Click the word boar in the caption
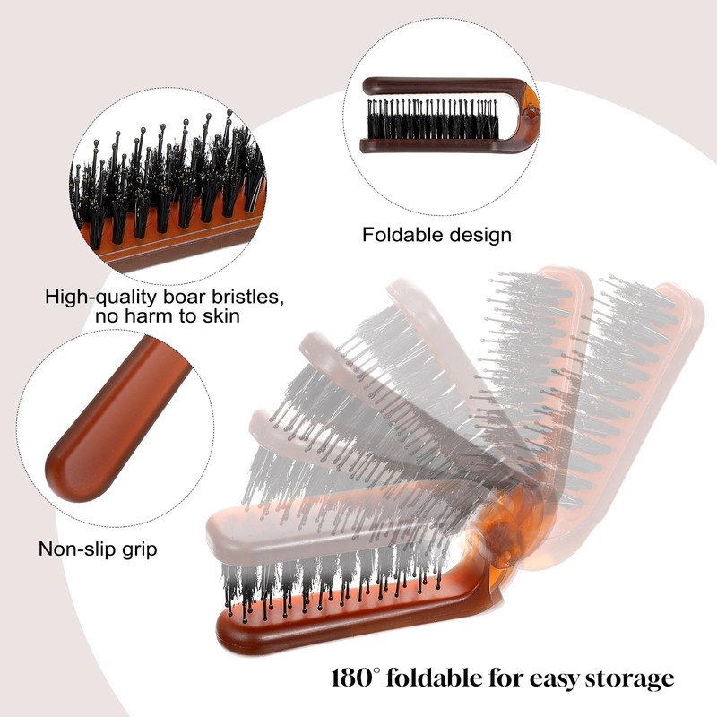pyautogui.click(x=179, y=297)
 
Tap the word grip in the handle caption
pyautogui.click(x=136, y=549)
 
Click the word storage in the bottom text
pyautogui.click(x=625, y=678)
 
